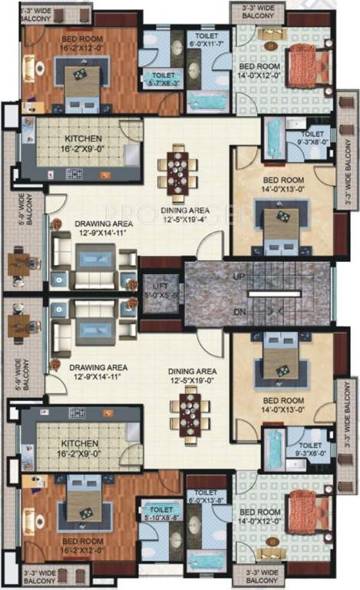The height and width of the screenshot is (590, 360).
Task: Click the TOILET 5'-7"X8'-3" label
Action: coord(162,79)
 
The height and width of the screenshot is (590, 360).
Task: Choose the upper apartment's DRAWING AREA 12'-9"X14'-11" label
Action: coord(83,228)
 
